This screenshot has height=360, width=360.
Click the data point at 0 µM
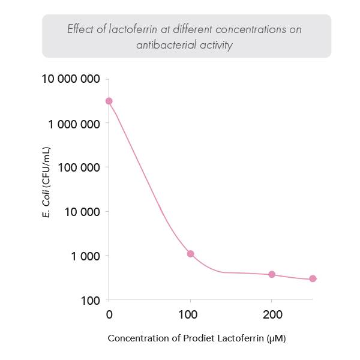(x=109, y=101)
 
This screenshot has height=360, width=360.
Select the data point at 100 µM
(x=190, y=254)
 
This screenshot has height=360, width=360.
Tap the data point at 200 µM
(x=272, y=274)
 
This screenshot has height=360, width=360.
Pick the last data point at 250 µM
(x=313, y=278)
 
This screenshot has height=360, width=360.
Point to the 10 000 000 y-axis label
(x=71, y=79)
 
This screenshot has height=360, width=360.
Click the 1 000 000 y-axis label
(x=74, y=124)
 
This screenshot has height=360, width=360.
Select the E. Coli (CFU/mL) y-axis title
(x=46, y=183)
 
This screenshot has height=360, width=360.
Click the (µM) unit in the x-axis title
(x=275, y=338)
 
